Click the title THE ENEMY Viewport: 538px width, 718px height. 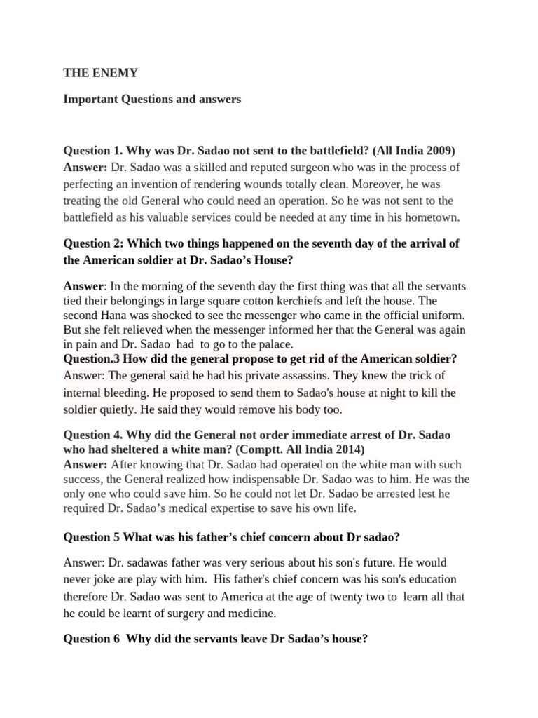[x=91, y=72]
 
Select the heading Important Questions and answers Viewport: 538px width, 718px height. [x=152, y=100]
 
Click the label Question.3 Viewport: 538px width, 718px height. [x=92, y=359]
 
